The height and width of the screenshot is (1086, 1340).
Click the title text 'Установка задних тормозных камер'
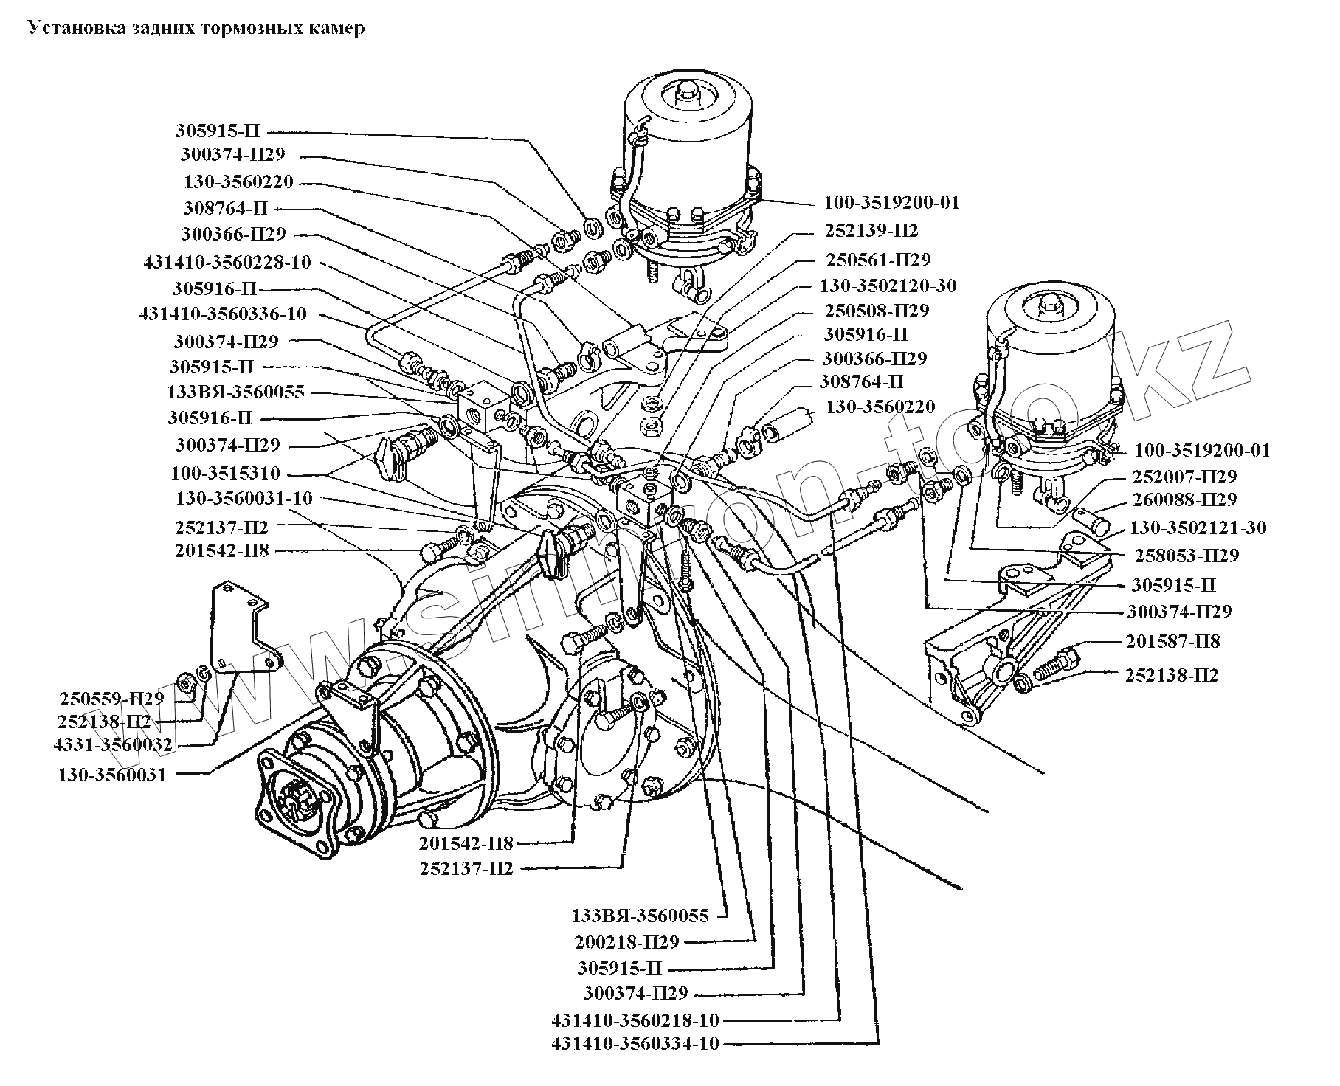coord(196,29)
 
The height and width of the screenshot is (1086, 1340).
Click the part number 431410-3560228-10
coord(227,262)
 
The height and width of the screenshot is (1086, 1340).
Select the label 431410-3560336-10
coord(222,314)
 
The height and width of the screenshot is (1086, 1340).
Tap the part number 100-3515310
coord(225,473)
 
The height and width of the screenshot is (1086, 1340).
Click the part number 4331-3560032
coord(114,744)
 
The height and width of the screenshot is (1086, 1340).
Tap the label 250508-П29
coord(876,310)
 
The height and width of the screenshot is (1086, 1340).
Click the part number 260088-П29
coord(1184,499)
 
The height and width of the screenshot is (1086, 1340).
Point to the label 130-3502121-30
coord(1198,527)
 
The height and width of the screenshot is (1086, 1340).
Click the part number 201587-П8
coord(1172,641)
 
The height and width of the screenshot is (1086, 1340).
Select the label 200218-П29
coord(626,941)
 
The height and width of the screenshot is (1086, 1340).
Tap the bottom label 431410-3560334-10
coord(635,1043)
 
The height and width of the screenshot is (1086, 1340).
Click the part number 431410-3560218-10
coord(635,1020)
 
